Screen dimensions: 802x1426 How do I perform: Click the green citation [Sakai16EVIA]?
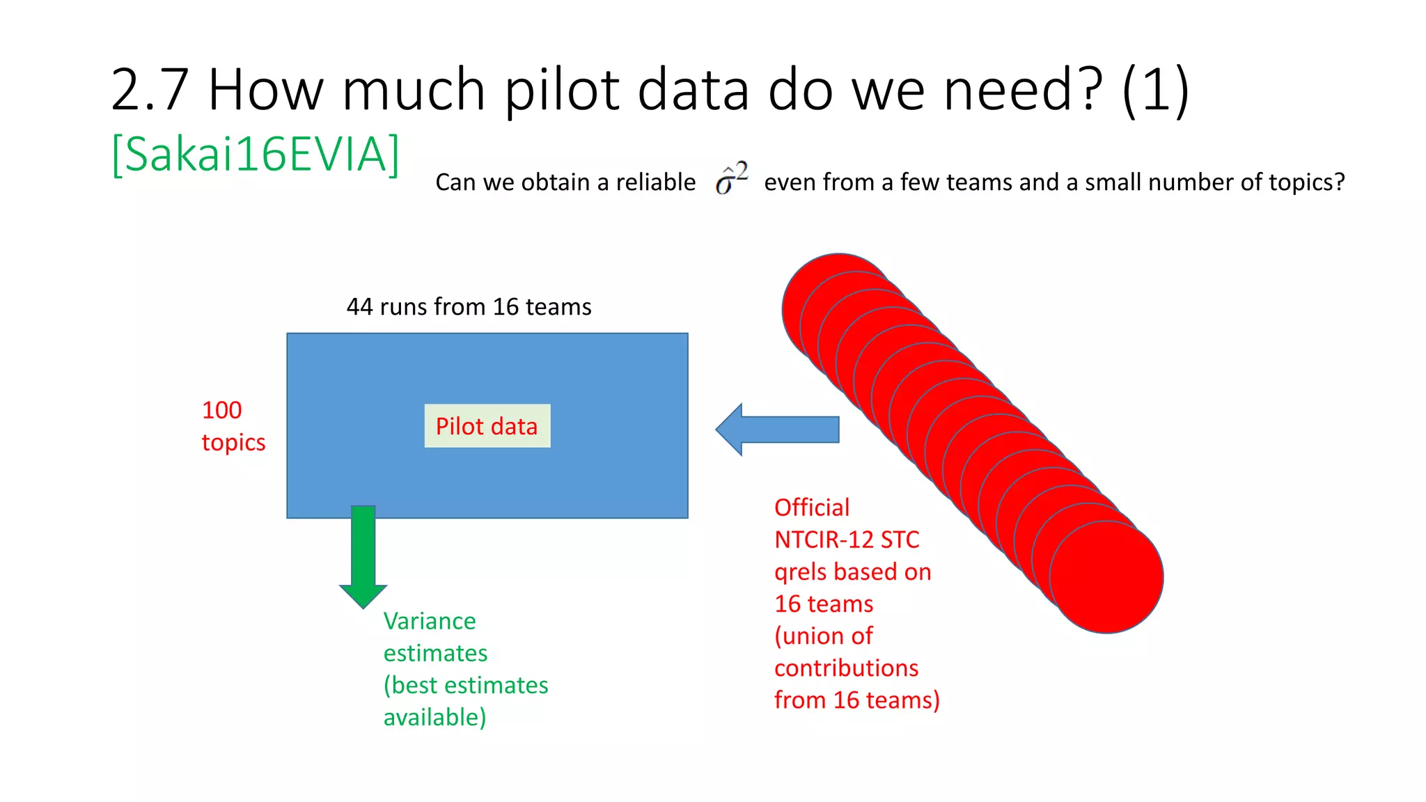tap(256, 154)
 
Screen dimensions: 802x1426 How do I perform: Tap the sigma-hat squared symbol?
tap(731, 179)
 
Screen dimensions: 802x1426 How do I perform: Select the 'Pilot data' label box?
tap(487, 426)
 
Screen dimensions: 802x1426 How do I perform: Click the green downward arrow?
tap(363, 557)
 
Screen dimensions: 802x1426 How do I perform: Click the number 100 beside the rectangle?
tap(221, 410)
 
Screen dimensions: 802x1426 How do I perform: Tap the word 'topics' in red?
tap(233, 443)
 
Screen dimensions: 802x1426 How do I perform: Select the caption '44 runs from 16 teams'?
tap(469, 307)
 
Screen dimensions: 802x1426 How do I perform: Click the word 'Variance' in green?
tap(430, 621)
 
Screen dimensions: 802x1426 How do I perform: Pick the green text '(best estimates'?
tap(466, 685)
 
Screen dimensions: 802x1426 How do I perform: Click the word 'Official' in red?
tap(812, 508)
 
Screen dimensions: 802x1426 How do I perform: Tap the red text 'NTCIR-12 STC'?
tap(847, 540)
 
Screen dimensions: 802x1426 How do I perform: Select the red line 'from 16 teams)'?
tap(856, 700)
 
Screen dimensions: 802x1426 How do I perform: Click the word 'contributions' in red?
tap(846, 668)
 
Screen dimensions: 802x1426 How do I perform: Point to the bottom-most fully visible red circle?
tap(1106, 577)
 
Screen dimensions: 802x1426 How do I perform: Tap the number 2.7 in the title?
tap(150, 90)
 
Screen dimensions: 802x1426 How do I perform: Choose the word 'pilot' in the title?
tap(561, 90)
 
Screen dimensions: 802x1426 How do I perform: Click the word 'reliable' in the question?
tap(655, 182)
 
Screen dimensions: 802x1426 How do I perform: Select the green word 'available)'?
tap(434, 717)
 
